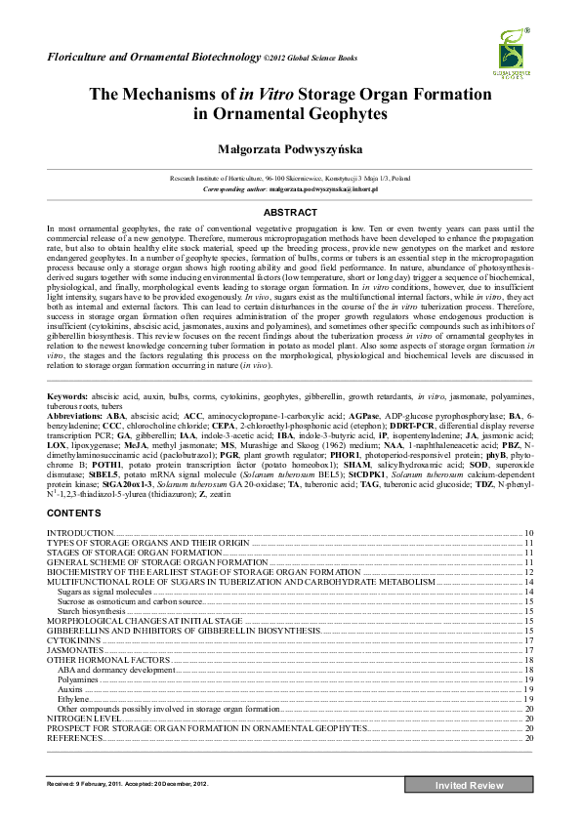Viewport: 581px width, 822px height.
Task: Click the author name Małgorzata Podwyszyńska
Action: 290,147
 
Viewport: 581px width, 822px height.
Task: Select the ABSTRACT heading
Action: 290,212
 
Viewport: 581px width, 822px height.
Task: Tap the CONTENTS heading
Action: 73,513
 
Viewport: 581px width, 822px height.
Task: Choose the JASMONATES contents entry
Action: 76,649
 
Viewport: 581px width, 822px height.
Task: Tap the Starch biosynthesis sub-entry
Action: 91,610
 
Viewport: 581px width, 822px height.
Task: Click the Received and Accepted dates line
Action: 128,784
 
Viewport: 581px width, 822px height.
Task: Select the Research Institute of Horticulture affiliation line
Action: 290,180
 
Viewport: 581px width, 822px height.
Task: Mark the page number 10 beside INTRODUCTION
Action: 528,533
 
